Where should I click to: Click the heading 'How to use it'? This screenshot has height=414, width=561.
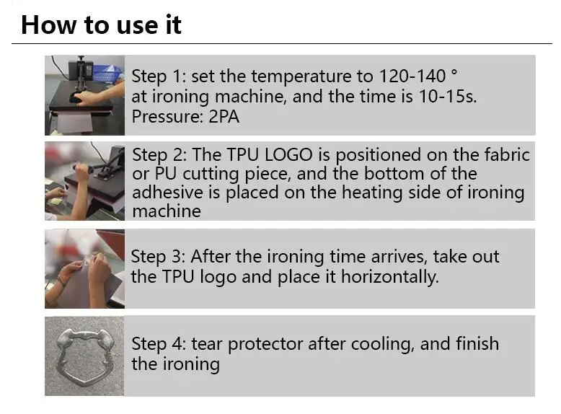pos(101,25)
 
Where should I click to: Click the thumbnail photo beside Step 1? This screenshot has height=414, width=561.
pos(84,94)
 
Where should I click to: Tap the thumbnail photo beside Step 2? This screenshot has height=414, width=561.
pos(84,181)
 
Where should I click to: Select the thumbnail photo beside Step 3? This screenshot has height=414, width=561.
pos(84,268)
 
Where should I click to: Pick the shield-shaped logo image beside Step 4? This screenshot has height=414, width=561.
pos(84,356)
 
